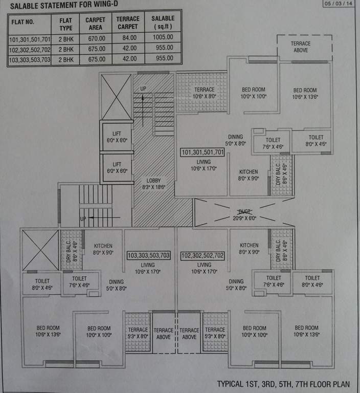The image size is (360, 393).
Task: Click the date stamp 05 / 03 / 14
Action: click(x=339, y=3)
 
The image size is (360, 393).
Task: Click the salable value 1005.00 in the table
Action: click(x=163, y=38)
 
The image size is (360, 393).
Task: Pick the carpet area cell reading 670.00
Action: click(x=96, y=38)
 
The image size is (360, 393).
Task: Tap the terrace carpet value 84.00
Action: click(x=129, y=38)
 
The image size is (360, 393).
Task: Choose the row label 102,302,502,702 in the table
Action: click(x=30, y=49)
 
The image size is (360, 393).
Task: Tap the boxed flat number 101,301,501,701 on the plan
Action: click(x=203, y=152)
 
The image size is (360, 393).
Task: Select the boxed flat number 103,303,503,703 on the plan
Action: click(x=148, y=255)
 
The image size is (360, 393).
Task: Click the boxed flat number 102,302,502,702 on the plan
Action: click(x=203, y=255)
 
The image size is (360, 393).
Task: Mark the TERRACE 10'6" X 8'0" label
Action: click(x=204, y=93)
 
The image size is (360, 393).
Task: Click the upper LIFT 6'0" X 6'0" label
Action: click(x=117, y=137)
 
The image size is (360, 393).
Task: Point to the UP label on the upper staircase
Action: click(x=144, y=89)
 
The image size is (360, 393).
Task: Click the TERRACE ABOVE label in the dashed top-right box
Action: click(x=301, y=47)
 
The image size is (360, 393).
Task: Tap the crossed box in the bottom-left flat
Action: click(x=40, y=250)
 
